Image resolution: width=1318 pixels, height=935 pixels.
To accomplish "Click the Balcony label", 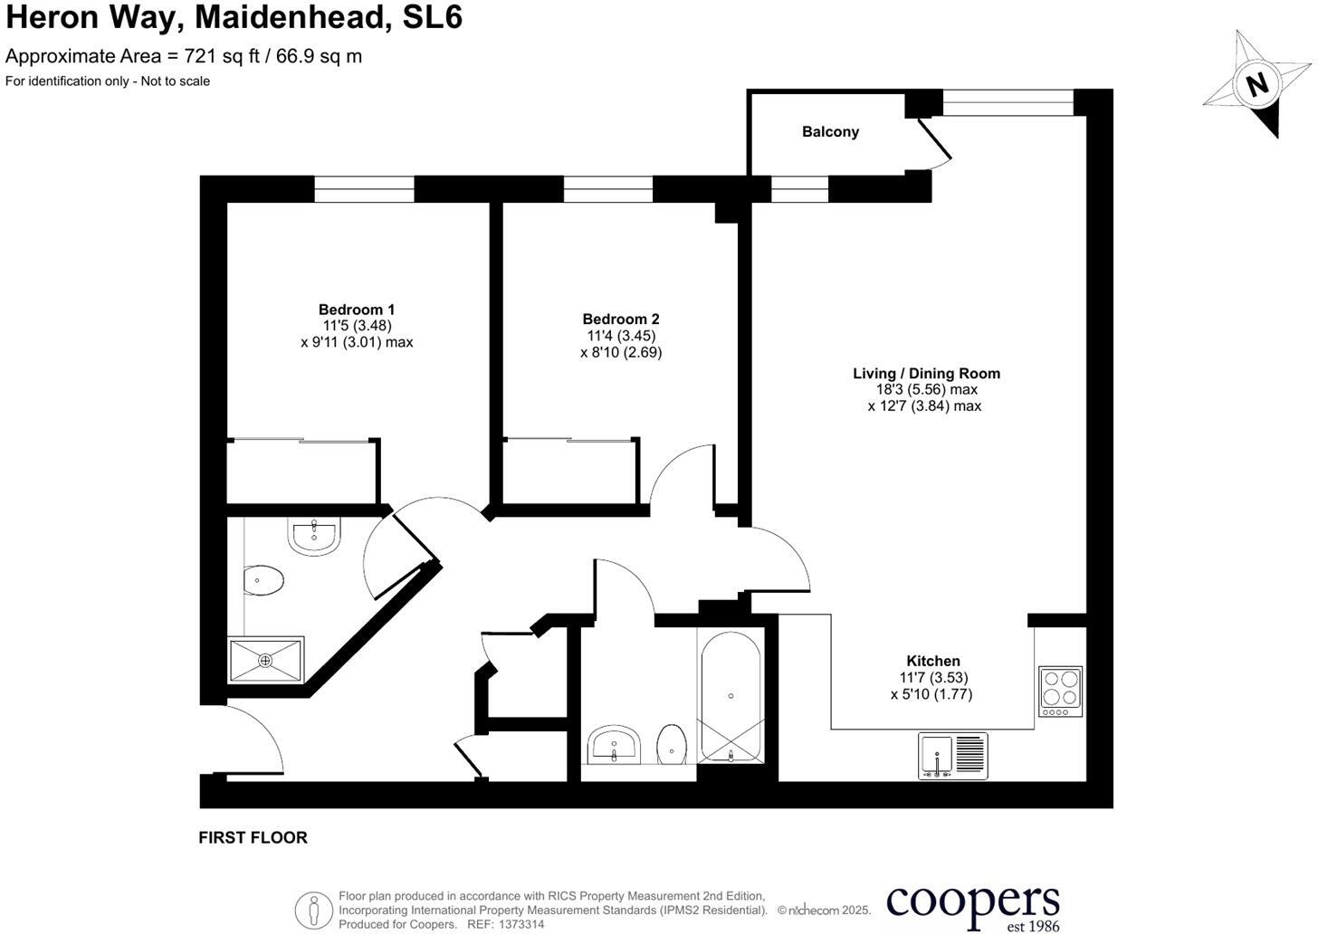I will (x=830, y=132).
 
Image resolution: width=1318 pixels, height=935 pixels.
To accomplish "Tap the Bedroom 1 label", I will (x=357, y=310).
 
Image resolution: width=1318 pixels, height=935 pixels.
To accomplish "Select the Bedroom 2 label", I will (x=621, y=319).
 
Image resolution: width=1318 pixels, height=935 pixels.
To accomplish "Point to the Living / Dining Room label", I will (x=926, y=373).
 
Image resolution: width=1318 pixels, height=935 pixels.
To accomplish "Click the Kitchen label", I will (x=933, y=661).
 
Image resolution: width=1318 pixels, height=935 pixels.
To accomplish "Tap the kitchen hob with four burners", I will (x=1061, y=692).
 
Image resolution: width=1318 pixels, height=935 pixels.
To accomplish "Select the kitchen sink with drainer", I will (x=953, y=756).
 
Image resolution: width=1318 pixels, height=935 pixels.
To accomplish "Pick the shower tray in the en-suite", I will (x=265, y=661).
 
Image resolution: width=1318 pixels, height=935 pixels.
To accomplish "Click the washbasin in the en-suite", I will (x=314, y=535).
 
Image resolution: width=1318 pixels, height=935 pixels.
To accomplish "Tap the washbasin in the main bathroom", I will (x=615, y=746).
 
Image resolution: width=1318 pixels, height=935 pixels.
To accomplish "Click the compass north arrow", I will (x=1257, y=84).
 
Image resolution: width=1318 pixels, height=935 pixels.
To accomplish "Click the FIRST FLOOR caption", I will (x=253, y=838).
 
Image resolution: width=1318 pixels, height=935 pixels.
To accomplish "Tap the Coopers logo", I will (x=973, y=905).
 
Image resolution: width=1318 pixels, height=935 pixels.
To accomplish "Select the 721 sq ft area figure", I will (x=215, y=56).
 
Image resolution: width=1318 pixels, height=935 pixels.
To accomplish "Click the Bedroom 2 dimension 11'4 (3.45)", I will (x=621, y=336).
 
